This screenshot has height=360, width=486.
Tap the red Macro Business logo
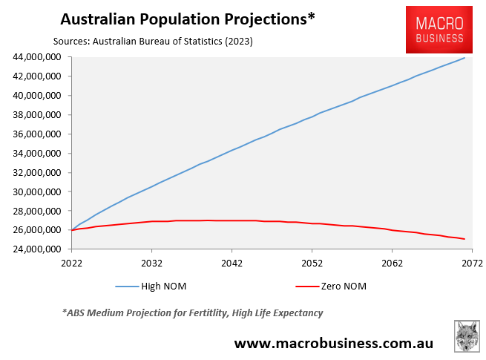point(440,30)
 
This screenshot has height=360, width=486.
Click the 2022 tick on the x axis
point(71,264)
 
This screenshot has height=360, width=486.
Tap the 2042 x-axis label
point(231,264)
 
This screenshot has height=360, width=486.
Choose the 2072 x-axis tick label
point(472,264)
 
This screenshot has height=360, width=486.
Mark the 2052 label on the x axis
point(312,264)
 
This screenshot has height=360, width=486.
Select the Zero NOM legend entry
point(343,286)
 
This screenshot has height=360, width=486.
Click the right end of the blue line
point(464,58)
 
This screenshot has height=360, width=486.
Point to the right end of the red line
point(464,239)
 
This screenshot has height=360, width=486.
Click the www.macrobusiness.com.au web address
point(334,343)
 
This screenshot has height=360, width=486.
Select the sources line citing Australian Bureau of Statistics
point(153,42)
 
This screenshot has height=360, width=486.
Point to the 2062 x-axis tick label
point(392,264)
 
